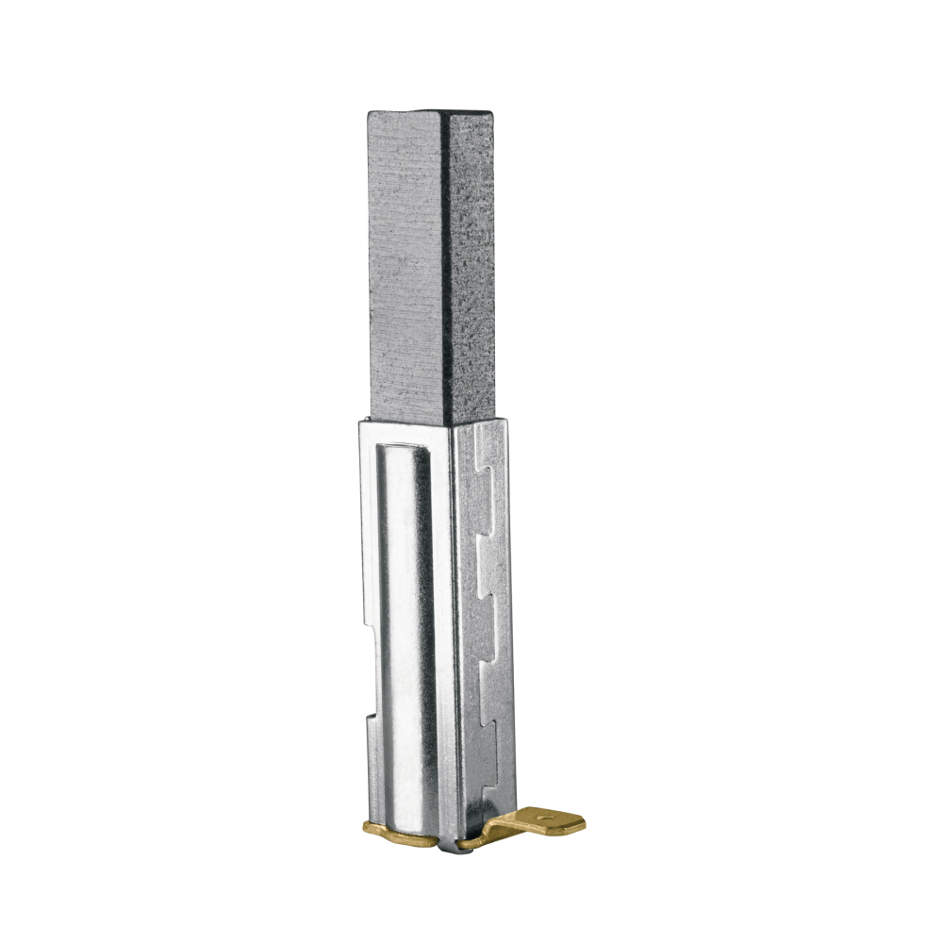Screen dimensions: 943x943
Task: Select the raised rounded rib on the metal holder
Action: pos(407,641)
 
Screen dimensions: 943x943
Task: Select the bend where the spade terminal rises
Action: pos(495,830)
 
